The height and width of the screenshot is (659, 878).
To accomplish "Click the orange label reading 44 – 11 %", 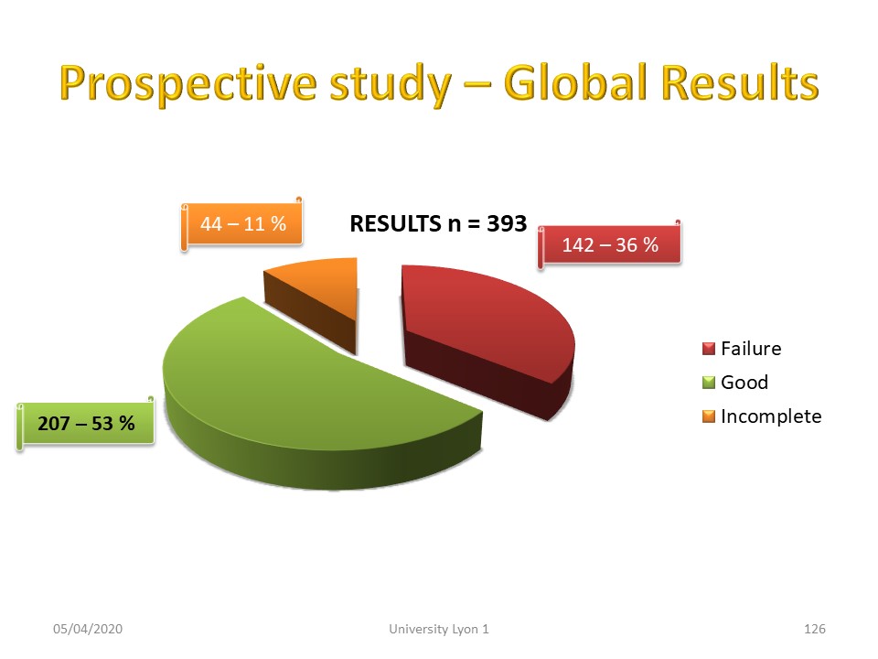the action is tap(242, 224).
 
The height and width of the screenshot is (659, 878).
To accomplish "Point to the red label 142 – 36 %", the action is tap(610, 245).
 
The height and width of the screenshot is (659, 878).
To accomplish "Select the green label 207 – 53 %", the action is tap(86, 423).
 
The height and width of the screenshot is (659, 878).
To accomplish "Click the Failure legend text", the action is tap(751, 349).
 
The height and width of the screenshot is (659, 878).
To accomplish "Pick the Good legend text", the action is tap(744, 383).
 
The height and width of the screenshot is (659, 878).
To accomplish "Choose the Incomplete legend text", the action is tap(771, 416).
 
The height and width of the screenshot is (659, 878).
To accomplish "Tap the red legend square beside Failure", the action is tap(709, 349).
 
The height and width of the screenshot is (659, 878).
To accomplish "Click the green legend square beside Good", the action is tap(709, 383).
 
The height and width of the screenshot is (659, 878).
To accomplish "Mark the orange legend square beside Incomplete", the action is tap(709, 416).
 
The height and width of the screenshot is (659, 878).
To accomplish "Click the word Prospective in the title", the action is tap(188, 84).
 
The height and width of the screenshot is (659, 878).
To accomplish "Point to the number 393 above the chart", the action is tap(507, 223).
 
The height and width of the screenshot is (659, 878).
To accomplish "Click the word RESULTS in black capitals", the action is tap(395, 223).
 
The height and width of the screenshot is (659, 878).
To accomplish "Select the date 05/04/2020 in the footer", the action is tap(88, 629).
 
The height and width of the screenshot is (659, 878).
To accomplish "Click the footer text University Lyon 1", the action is tap(439, 629).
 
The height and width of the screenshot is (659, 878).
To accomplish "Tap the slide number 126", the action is tap(815, 629).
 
